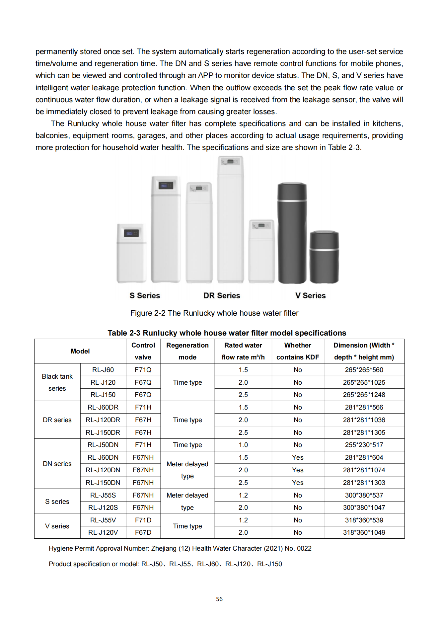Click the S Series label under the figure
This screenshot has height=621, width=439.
[x=145, y=295]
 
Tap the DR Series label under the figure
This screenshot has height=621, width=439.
[x=222, y=295]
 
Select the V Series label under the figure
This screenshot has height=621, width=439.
[x=310, y=295]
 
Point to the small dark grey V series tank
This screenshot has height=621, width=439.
[x=324, y=257]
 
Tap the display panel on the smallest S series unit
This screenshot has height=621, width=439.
[x=131, y=233]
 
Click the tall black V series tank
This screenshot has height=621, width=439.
[x=292, y=232]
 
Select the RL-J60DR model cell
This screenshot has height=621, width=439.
[x=103, y=407]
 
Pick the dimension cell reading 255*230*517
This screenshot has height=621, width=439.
[x=364, y=445]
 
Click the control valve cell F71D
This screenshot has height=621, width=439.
[x=143, y=520]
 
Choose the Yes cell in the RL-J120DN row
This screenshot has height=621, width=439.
[x=298, y=470]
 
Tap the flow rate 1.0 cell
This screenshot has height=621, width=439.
[x=243, y=445]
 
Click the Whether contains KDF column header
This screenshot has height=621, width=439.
[x=298, y=351]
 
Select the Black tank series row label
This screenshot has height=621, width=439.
[x=57, y=382]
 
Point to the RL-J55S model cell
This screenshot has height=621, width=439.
[x=103, y=495]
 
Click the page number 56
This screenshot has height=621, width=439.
[x=219, y=599]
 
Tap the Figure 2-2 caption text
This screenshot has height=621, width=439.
[x=214, y=313]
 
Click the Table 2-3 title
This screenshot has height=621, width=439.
[x=227, y=333]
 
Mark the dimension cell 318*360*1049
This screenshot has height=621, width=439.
[x=364, y=532]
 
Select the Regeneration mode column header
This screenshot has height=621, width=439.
[x=187, y=351]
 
